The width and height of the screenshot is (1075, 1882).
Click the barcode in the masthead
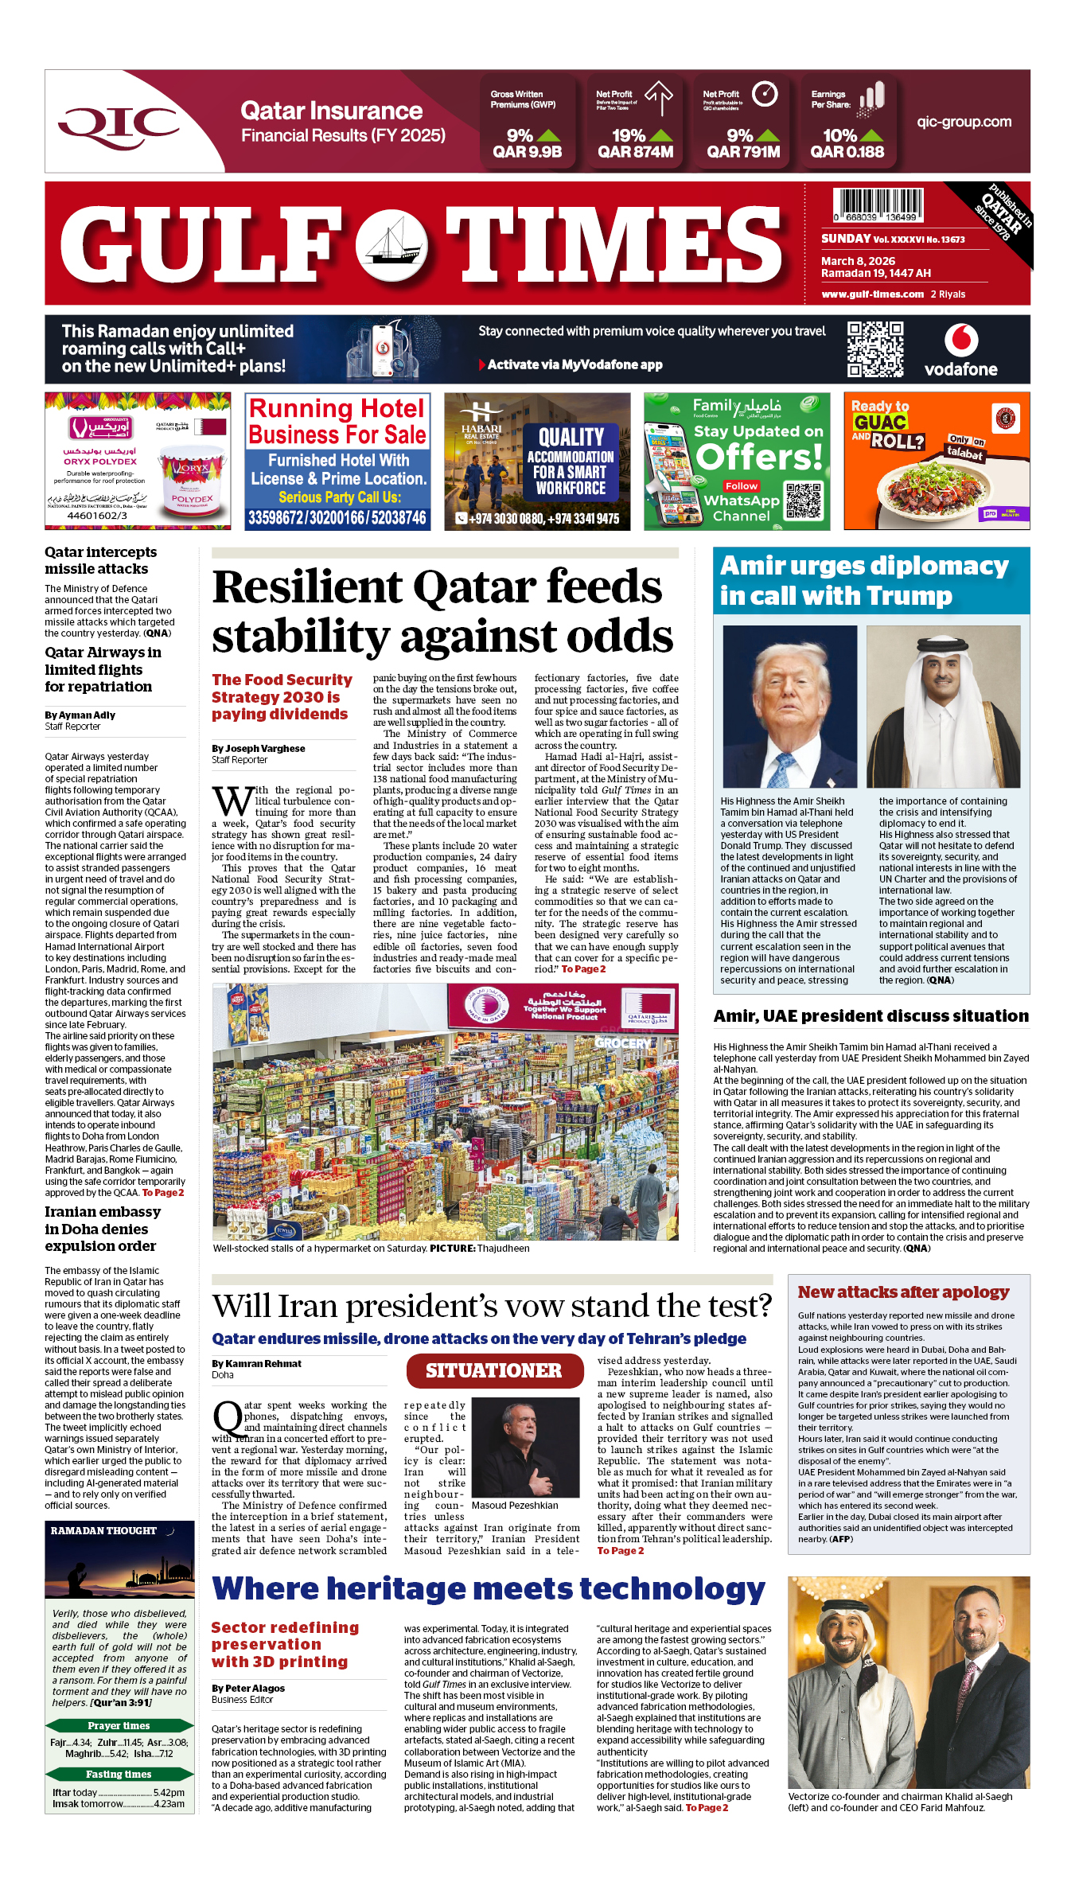878,205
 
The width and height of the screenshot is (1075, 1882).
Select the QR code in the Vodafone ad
874,349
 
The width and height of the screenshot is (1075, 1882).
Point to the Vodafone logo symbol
960,341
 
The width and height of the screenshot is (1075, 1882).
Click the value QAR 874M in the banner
635,152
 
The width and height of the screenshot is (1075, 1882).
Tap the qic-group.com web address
964,123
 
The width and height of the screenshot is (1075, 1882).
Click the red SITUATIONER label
493,1370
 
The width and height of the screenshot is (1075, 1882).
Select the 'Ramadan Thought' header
104,1530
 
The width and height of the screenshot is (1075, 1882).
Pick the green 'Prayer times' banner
119,1725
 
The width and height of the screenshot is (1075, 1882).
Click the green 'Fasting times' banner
119,1774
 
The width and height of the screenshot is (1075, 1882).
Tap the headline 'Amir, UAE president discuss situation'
871,1016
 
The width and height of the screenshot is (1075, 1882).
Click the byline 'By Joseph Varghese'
259,749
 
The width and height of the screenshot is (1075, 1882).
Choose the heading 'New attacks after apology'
903,1292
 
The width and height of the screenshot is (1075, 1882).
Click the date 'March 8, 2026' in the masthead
858,261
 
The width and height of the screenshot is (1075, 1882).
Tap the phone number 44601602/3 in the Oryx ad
97,516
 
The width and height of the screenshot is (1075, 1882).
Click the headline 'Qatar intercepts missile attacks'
101,560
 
